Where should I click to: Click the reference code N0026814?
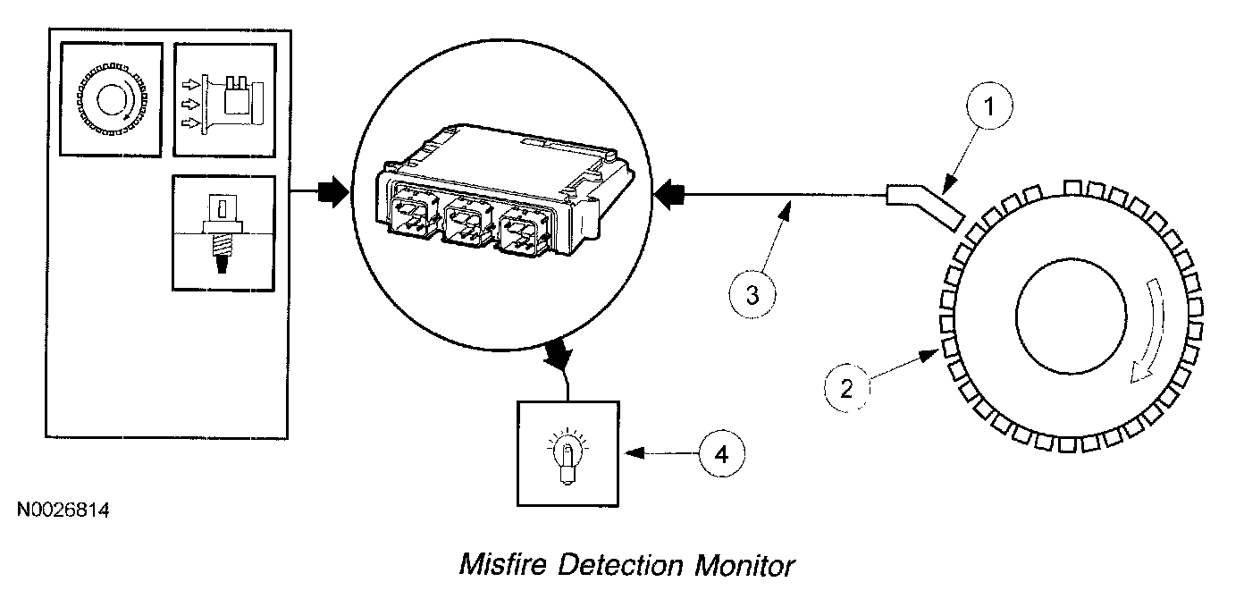63,511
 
